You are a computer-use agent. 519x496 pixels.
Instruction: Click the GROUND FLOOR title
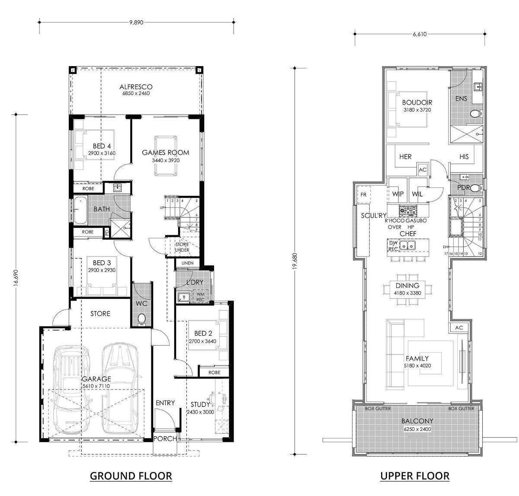[131, 476]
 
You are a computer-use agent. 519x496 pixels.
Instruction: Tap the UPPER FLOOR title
[415, 476]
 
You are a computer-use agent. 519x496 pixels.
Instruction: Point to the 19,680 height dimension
[295, 262]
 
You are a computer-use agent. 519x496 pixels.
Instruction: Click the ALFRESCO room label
[136, 87]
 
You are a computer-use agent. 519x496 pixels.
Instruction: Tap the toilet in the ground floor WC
[141, 319]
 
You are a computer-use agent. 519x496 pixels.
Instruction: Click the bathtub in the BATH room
[80, 211]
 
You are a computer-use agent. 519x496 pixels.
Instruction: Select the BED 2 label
[203, 333]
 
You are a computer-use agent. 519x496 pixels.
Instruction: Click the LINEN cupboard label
[188, 263]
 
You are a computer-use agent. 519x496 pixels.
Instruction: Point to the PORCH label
[165, 438]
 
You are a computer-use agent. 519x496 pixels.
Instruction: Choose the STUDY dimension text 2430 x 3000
[200, 412]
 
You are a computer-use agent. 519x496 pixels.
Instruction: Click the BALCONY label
[416, 421]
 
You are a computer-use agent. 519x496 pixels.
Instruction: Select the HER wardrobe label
[405, 157]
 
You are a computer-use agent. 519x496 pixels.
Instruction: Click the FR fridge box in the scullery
[363, 195]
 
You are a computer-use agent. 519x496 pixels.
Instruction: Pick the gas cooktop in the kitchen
[407, 211]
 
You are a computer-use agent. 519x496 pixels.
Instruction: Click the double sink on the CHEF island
[407, 246]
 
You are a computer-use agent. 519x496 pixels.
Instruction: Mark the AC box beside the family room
[459, 328]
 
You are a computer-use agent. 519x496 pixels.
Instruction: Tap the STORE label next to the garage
[100, 314]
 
